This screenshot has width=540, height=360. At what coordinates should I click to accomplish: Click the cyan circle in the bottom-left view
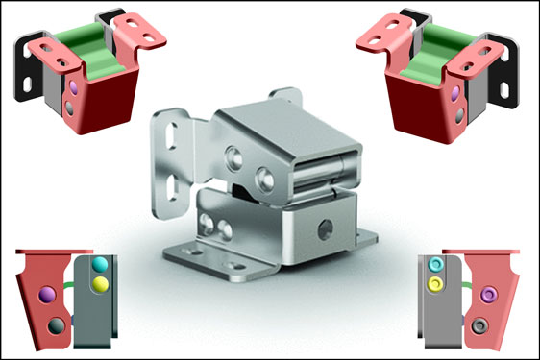point(100,265)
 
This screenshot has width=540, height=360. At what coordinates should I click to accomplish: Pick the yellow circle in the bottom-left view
point(100,283)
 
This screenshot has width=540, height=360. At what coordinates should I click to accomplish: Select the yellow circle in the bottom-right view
point(436,283)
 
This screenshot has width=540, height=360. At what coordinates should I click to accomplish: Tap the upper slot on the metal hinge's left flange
point(173,139)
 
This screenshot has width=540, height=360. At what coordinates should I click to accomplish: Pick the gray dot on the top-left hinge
point(70,108)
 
